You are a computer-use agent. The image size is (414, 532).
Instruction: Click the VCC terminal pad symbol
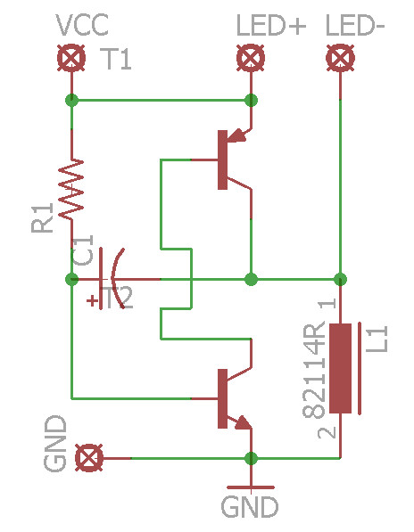pos(71,59)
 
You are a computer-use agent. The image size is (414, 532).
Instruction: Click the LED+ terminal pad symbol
pos(251,59)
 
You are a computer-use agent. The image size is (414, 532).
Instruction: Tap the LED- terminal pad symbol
pos(339,59)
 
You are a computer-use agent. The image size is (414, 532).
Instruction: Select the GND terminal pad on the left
pos(87,458)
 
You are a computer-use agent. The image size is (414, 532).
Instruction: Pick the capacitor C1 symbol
pos(112,279)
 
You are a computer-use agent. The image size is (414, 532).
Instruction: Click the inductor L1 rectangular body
pos(340,368)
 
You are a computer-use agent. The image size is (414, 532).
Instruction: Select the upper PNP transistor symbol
pos(228,159)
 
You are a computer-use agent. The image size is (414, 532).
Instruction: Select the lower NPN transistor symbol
pos(228,398)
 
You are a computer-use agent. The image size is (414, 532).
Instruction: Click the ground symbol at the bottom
pos(251,487)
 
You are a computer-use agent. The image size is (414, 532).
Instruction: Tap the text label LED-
pos(356,26)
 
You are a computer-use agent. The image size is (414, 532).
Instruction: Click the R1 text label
pos(42,218)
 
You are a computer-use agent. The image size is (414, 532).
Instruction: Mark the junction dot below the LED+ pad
pos(251,100)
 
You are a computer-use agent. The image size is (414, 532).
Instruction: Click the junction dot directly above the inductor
pos(340,279)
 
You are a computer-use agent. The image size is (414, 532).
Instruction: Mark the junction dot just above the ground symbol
pos(251,458)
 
